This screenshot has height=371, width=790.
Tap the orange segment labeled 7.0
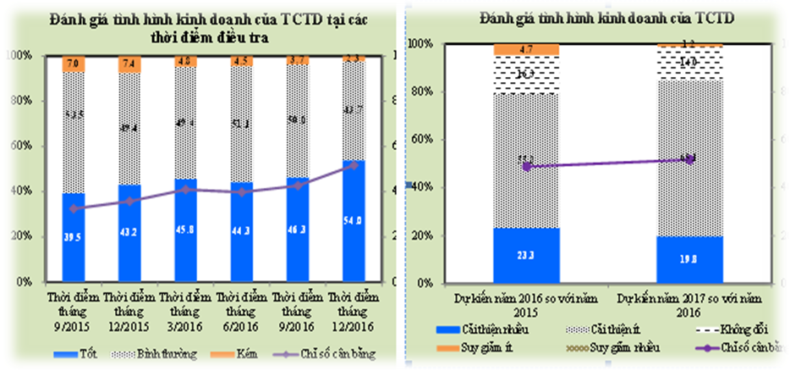click(79, 64)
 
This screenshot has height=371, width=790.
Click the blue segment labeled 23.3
click(527, 254)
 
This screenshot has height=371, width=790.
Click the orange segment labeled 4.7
click(527, 50)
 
